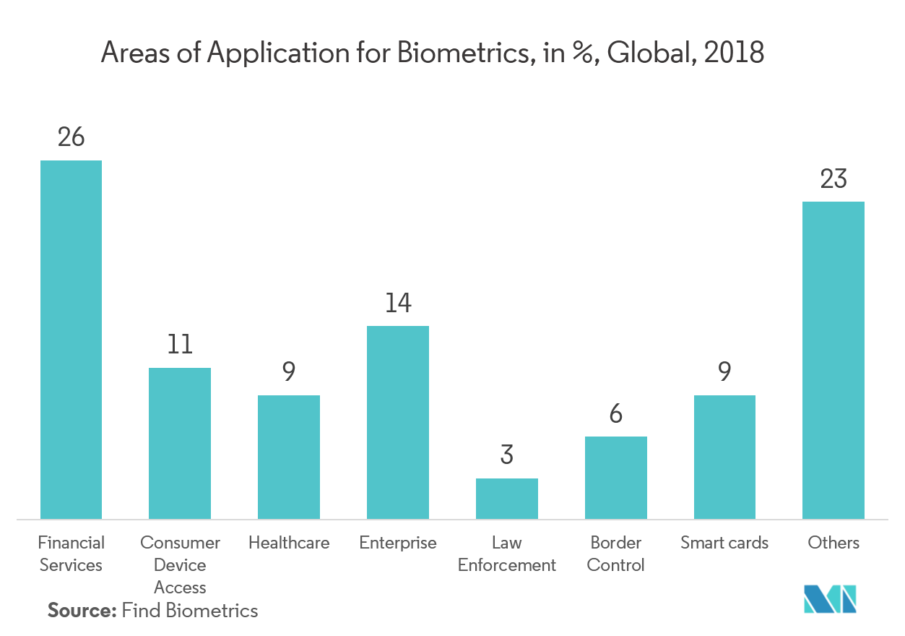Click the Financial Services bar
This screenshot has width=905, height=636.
click(71, 339)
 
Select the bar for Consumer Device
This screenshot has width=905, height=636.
click(180, 443)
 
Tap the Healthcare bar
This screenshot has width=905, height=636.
click(289, 457)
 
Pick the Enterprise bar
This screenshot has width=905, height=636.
click(398, 422)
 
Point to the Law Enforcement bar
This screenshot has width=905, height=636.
click(507, 499)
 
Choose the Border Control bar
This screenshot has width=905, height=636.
click(616, 478)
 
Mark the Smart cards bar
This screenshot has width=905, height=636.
click(724, 457)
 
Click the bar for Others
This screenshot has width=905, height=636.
click(833, 360)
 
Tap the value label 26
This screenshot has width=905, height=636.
click(71, 137)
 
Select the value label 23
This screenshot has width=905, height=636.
click(833, 179)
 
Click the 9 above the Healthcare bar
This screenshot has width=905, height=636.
click(289, 372)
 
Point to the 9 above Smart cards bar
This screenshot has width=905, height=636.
click(724, 372)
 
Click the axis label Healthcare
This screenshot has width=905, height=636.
click(289, 543)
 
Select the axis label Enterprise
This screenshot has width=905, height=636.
click(398, 543)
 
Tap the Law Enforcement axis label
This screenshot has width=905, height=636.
click(507, 554)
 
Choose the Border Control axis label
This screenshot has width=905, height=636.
click(616, 554)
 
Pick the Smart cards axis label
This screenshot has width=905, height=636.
click(724, 543)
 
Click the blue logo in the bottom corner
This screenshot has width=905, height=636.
click(831, 600)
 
